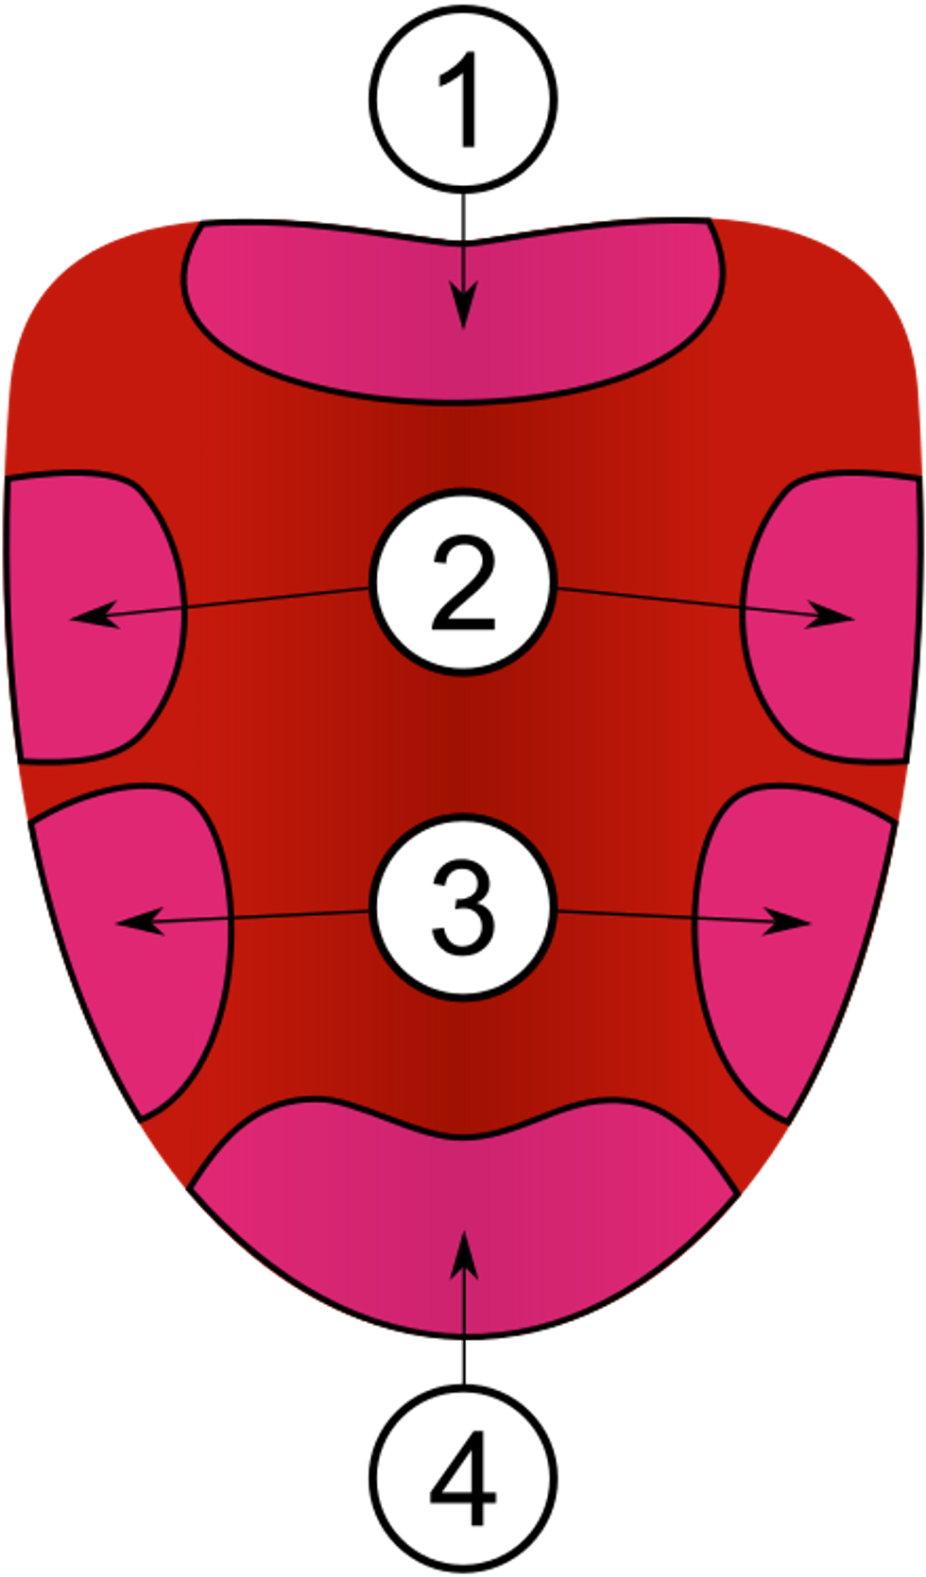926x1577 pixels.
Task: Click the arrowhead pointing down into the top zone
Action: coord(463,312)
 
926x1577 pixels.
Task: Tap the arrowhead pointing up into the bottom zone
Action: coord(463,1251)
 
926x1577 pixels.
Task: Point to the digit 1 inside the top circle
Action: coord(463,99)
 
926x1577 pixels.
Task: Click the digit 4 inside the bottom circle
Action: coord(463,1478)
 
